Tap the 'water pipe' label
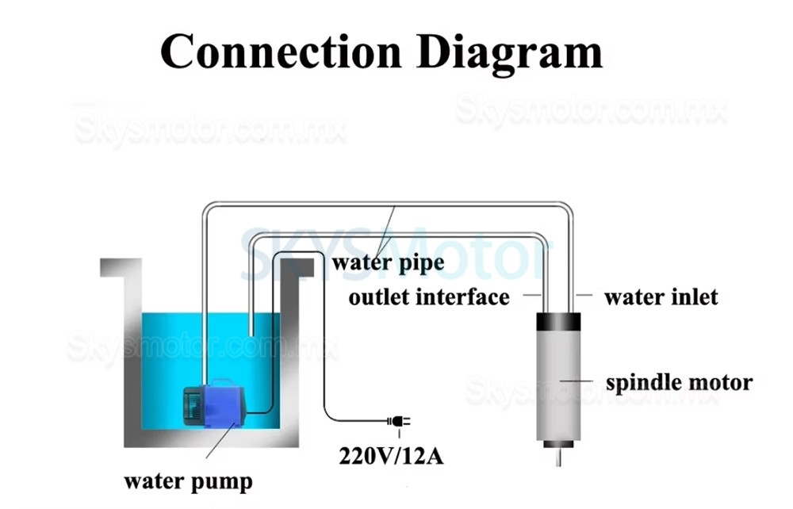389,262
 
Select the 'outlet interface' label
429,297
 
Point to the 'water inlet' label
661,297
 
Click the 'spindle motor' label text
679,383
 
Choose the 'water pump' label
188,480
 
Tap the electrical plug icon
396,422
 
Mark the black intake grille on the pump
190,404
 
